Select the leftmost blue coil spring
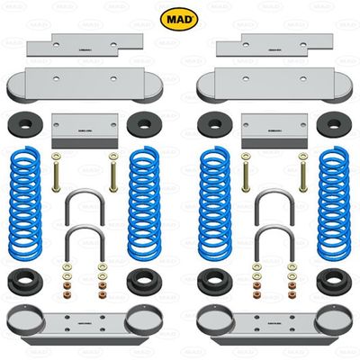[x=26, y=199]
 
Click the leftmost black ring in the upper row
[x=26, y=125]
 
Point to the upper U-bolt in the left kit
[x=84, y=205]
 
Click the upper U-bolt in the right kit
[x=274, y=205]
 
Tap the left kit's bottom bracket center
[x=85, y=324]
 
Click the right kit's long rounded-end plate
[x=274, y=86]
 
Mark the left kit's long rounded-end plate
[x=85, y=86]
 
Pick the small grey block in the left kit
[x=85, y=130]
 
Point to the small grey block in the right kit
[x=274, y=130]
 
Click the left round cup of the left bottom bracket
[x=24, y=318]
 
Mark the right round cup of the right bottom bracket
[x=334, y=318]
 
